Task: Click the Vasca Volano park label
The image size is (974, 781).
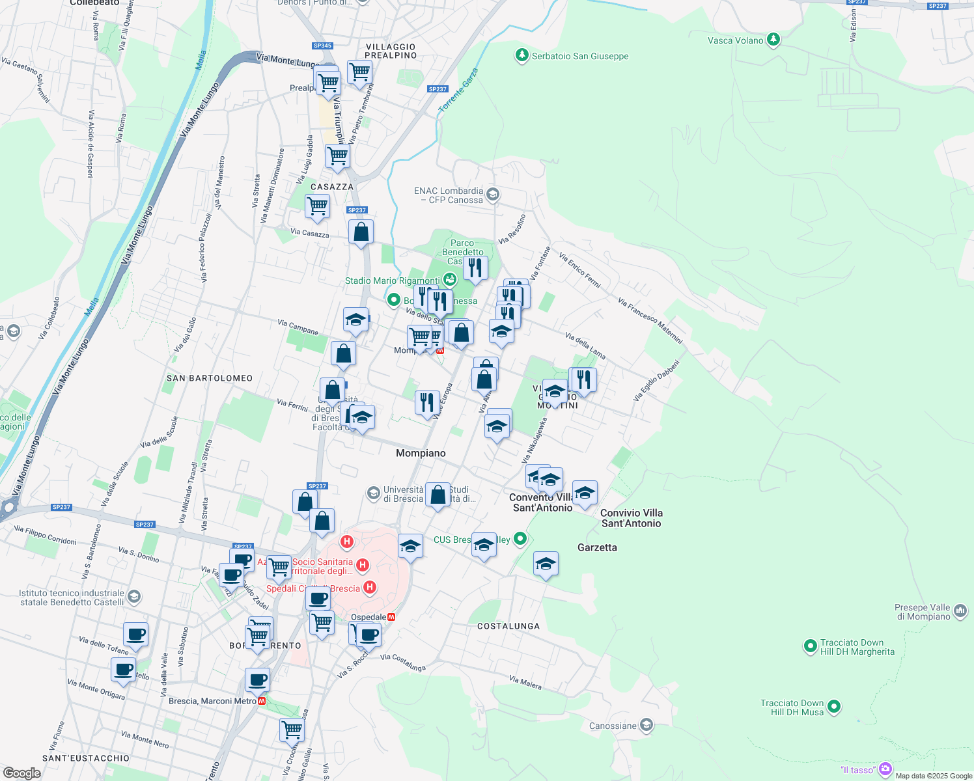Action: point(735,40)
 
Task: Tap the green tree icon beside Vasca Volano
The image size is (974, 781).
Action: point(773,40)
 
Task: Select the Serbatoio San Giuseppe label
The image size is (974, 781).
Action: point(580,56)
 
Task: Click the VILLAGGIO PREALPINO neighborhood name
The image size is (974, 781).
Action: point(391,51)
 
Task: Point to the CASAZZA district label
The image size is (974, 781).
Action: point(332,187)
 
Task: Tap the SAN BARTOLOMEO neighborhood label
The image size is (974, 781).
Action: point(210,378)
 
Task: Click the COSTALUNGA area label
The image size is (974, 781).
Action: point(508,626)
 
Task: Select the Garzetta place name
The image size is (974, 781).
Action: point(597,547)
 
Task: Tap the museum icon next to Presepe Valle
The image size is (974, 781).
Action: point(961,611)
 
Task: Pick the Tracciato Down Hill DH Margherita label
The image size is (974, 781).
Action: point(857,647)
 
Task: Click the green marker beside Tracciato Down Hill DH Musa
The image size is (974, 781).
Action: point(834,707)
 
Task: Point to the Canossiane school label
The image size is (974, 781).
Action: point(613,726)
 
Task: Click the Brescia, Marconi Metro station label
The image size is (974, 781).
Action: point(212,701)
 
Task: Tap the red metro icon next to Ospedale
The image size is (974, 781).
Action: point(391,617)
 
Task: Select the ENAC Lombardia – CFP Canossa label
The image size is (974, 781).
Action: point(449,195)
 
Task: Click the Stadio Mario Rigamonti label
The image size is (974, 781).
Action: point(392,281)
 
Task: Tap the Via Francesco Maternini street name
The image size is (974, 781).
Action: point(650,321)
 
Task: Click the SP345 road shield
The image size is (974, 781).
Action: point(322,46)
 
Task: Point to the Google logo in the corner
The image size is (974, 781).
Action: point(22,773)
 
